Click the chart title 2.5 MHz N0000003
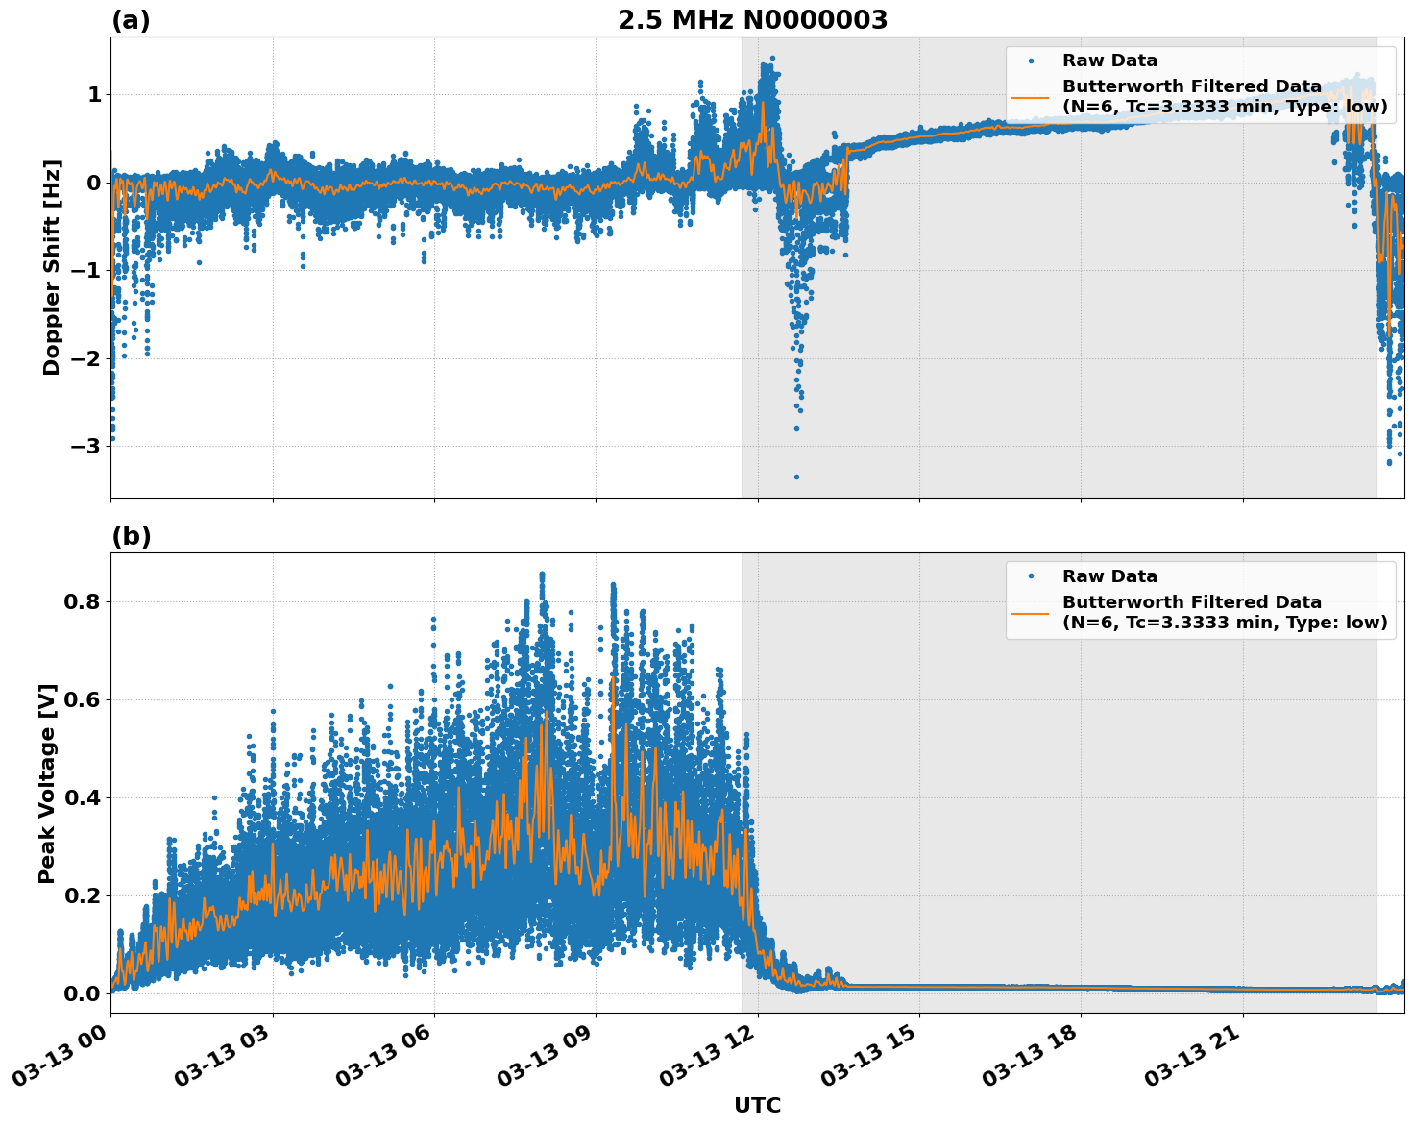point(752,20)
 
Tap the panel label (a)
point(131,20)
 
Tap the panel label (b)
point(131,536)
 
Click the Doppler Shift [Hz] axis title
point(52,267)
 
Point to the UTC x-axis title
point(757,1105)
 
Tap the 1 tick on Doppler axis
point(94,94)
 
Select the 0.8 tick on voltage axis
point(82,601)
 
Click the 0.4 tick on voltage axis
point(82,797)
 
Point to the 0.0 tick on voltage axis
point(82,993)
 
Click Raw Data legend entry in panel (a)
point(1109,61)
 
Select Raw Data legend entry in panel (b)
point(1109,576)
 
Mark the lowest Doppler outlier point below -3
point(796,477)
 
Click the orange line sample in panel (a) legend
point(1031,96)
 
